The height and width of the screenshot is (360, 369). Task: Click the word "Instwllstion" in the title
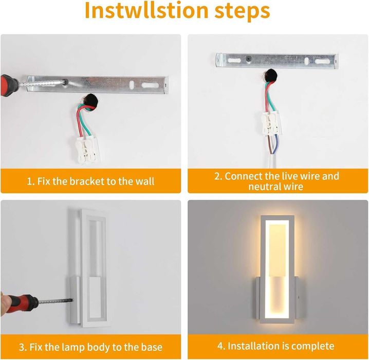pos(146,11)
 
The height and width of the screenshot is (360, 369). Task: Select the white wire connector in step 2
pos(271,123)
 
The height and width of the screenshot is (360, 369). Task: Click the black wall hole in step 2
pos(270,76)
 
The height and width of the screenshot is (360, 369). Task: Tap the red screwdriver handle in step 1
pos(8,85)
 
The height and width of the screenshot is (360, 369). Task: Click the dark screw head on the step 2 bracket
pos(248,59)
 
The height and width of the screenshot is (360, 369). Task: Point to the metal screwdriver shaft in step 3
pos(56,301)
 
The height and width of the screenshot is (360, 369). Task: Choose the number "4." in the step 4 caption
pos(222,346)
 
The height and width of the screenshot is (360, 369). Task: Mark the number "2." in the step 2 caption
pos(218,176)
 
